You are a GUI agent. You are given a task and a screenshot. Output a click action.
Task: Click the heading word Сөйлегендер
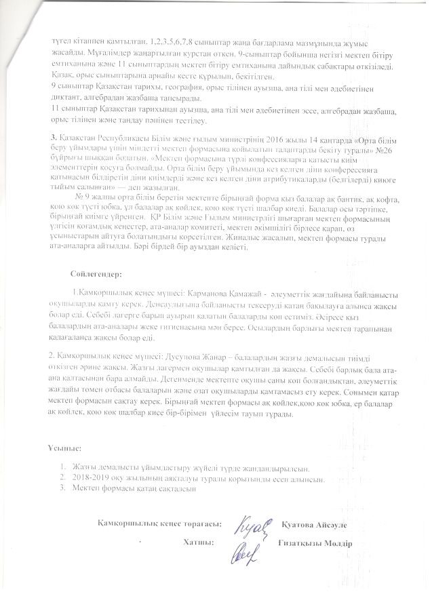[x=94, y=275]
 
